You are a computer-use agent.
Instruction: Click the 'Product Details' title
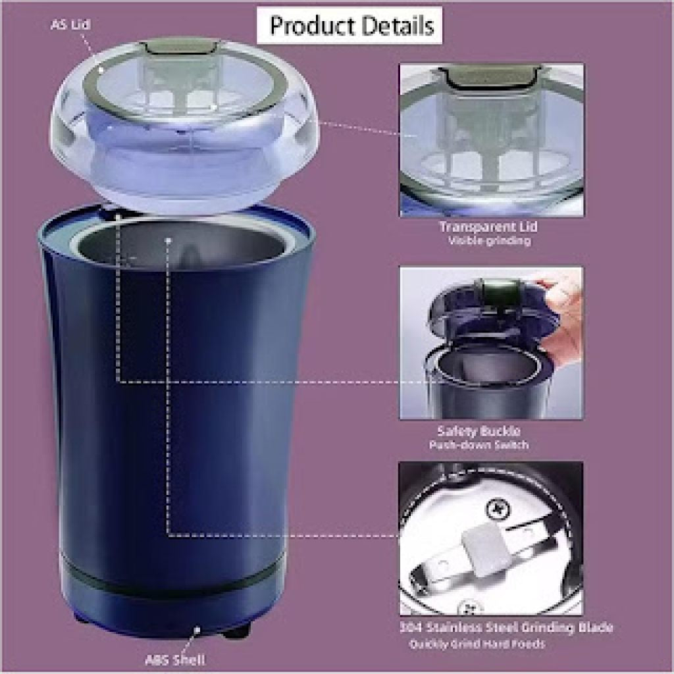click(352, 27)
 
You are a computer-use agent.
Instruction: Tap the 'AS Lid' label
click(71, 26)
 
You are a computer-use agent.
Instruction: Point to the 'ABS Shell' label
click(179, 659)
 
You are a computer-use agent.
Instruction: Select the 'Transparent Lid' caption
click(488, 227)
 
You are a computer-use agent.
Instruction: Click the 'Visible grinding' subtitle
click(489, 241)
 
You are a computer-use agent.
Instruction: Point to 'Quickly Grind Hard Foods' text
click(477, 644)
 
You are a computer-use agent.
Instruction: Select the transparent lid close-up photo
click(491, 140)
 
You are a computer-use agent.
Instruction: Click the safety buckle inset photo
click(491, 342)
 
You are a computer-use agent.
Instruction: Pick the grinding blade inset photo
click(491, 538)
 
